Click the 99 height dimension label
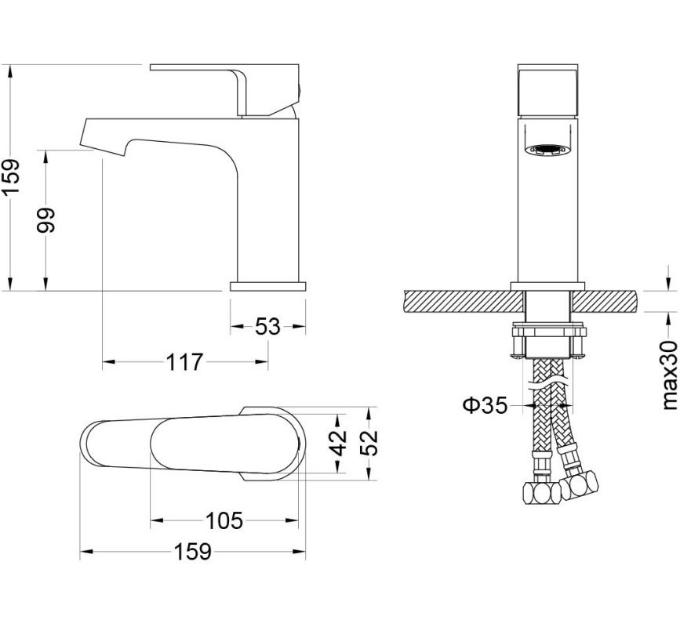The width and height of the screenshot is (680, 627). pyautogui.click(x=46, y=220)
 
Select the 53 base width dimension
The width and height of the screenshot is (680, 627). pyautogui.click(x=267, y=326)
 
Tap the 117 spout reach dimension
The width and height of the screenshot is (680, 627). pyautogui.click(x=184, y=362)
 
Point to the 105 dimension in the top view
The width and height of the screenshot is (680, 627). pyautogui.click(x=224, y=520)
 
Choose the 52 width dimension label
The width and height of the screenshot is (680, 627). pyautogui.click(x=369, y=442)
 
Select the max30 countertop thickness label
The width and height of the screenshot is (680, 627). pyautogui.click(x=670, y=375)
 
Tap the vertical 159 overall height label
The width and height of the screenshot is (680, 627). pyautogui.click(x=12, y=177)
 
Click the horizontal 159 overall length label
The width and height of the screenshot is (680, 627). pyautogui.click(x=193, y=552)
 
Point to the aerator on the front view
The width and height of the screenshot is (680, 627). pyautogui.click(x=548, y=150)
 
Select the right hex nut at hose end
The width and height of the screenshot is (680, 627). pyautogui.click(x=579, y=483)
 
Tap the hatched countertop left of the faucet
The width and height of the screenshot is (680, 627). pyautogui.click(x=464, y=301)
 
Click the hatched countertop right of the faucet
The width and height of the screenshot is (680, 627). pyautogui.click(x=605, y=301)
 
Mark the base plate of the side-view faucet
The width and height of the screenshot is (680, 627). pyautogui.click(x=268, y=286)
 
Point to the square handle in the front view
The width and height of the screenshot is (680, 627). pyautogui.click(x=548, y=91)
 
